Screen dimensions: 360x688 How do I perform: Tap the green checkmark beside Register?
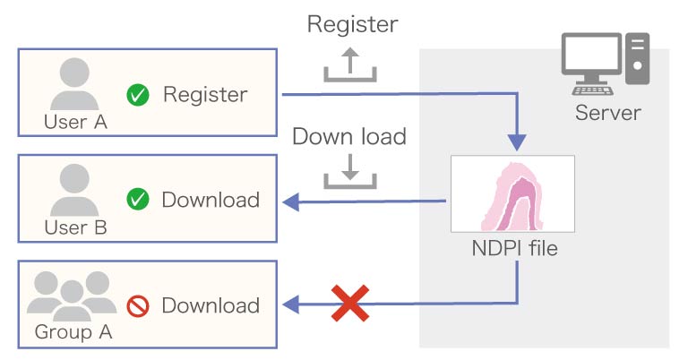138,94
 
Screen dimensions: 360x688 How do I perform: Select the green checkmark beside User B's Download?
138,199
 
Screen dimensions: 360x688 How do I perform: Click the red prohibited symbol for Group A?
138,305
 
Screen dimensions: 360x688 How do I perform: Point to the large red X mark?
350,304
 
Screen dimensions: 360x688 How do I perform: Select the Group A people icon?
74,296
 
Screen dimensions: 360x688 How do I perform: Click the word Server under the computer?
607,113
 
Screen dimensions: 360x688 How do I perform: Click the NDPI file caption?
512,248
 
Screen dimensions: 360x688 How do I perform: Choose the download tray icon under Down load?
350,171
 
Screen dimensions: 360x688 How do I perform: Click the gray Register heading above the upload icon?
352,24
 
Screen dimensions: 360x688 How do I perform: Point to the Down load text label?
349,137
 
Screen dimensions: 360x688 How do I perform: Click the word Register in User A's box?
205,94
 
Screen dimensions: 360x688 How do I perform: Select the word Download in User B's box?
211,199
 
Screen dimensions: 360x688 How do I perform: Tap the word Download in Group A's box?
211,305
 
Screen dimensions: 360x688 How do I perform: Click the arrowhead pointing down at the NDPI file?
517,141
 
